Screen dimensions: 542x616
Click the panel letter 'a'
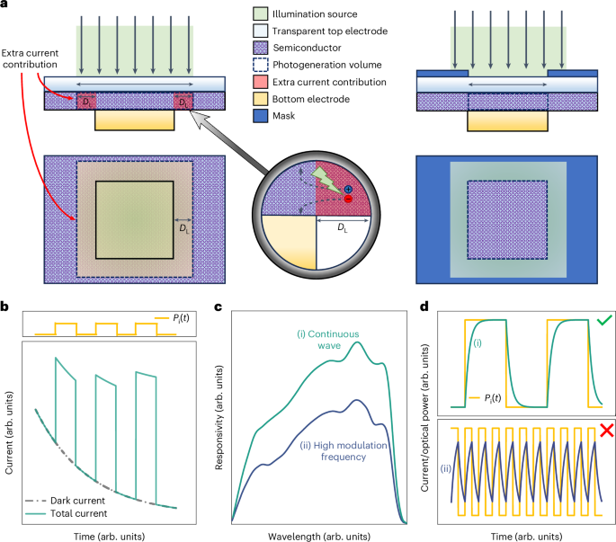tap(6, 6)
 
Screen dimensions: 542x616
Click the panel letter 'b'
tap(6, 308)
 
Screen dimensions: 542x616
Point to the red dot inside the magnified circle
tap(347, 200)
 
